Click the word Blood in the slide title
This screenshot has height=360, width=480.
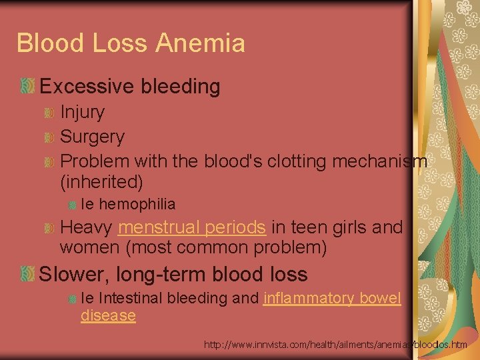(x=49, y=43)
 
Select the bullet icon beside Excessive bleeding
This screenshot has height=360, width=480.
(x=27, y=86)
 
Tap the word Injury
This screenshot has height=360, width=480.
(x=82, y=112)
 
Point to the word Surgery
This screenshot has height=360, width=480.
(x=92, y=137)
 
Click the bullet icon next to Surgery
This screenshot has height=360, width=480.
(x=49, y=137)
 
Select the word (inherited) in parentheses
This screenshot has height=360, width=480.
(x=101, y=181)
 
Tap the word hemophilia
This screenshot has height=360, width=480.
(x=137, y=204)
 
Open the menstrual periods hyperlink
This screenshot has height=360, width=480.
(x=191, y=227)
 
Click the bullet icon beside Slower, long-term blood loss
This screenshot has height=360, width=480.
(x=27, y=274)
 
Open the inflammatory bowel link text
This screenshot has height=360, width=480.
(x=332, y=298)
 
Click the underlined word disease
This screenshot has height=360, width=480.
(x=108, y=315)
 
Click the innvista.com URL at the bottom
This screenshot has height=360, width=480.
(x=335, y=345)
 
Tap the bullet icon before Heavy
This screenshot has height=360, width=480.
(x=49, y=228)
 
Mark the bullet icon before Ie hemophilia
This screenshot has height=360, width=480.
(x=72, y=205)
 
